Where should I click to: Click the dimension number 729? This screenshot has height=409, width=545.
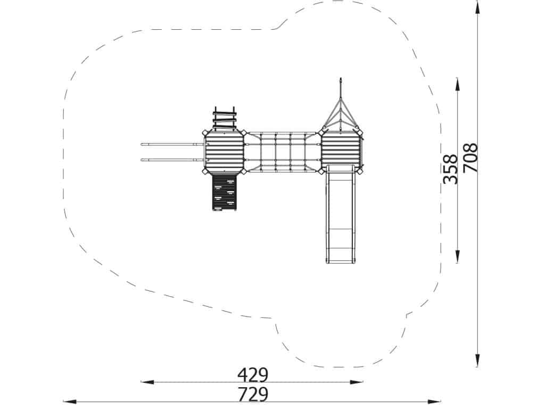click(253, 395)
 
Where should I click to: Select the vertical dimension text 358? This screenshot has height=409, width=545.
click(451, 169)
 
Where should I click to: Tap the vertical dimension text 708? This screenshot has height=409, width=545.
click(470, 158)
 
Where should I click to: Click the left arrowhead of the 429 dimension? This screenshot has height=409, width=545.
click(147, 382)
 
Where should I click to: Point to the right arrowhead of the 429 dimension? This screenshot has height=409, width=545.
click(357, 382)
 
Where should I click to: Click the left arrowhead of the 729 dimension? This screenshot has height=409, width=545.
click(70, 402)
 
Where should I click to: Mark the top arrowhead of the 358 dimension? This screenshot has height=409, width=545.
click(457, 85)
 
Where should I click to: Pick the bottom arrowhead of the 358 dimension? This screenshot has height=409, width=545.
click(457, 257)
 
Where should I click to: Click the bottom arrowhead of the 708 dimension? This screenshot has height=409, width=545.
click(477, 361)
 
